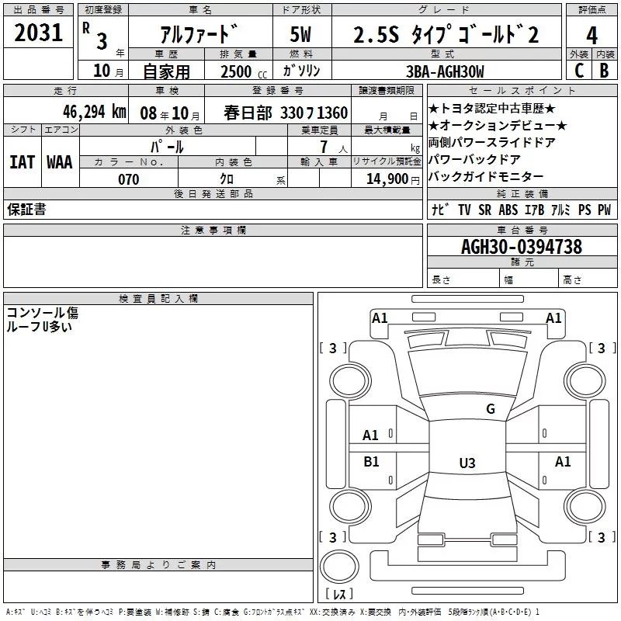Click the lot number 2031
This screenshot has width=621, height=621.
click(38, 33)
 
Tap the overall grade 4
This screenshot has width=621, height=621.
click(592, 35)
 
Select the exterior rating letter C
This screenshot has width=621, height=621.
click(579, 71)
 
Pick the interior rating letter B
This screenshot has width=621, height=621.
click(604, 71)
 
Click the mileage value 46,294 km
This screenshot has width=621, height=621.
click(95, 112)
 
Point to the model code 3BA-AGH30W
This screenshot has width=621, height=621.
click(445, 71)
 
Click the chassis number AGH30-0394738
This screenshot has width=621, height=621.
click(522, 247)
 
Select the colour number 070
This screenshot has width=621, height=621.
click(129, 179)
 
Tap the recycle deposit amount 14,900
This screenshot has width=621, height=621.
click(387, 179)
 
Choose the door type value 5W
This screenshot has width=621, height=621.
click(300, 34)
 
